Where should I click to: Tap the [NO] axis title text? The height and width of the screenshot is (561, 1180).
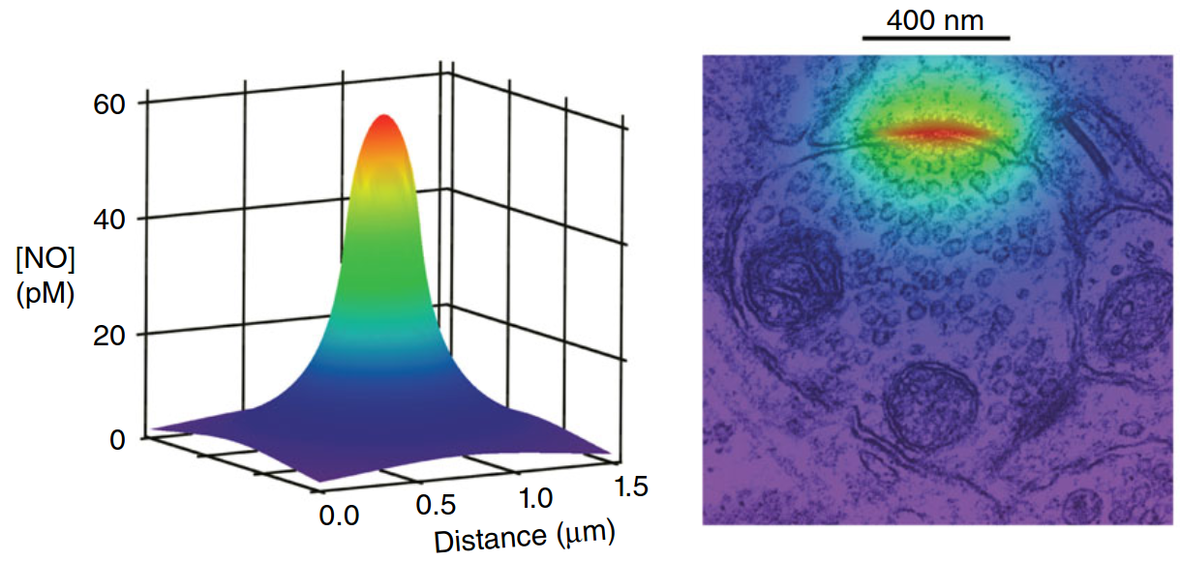(45, 259)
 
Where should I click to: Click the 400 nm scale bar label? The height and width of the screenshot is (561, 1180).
(936, 19)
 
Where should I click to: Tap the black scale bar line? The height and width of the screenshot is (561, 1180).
(936, 39)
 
